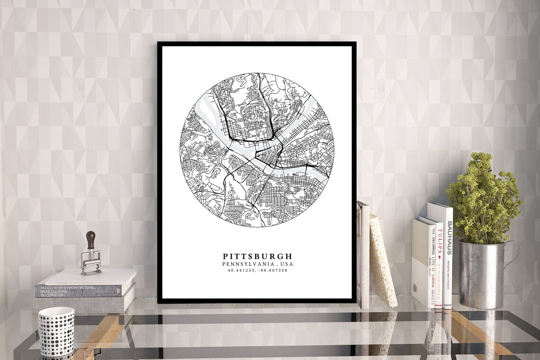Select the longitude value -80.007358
[x=273, y=270]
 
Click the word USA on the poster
[x=286, y=264]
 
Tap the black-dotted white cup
[x=56, y=331]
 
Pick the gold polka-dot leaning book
[x=383, y=261]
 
